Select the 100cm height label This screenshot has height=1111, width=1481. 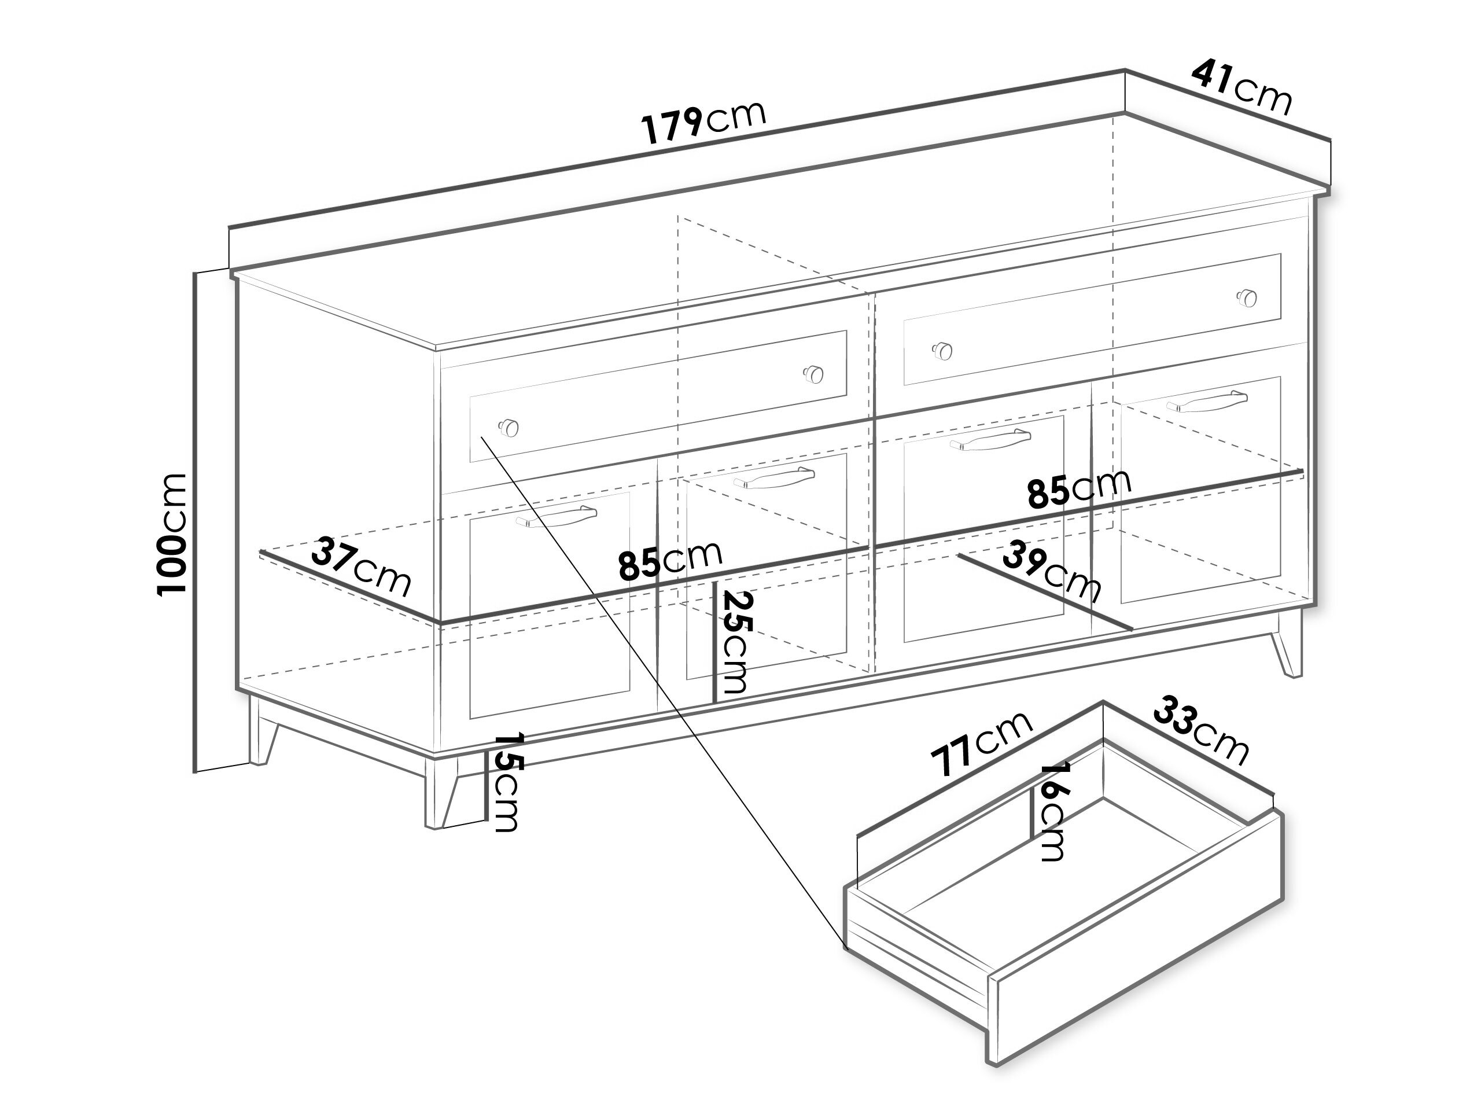click(171, 534)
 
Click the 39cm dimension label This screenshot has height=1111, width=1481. click(1052, 571)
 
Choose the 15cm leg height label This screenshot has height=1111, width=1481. click(507, 782)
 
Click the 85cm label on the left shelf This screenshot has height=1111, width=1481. click(670, 561)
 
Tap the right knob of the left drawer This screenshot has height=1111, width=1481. click(813, 374)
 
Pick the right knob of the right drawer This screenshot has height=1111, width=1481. click(1247, 297)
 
